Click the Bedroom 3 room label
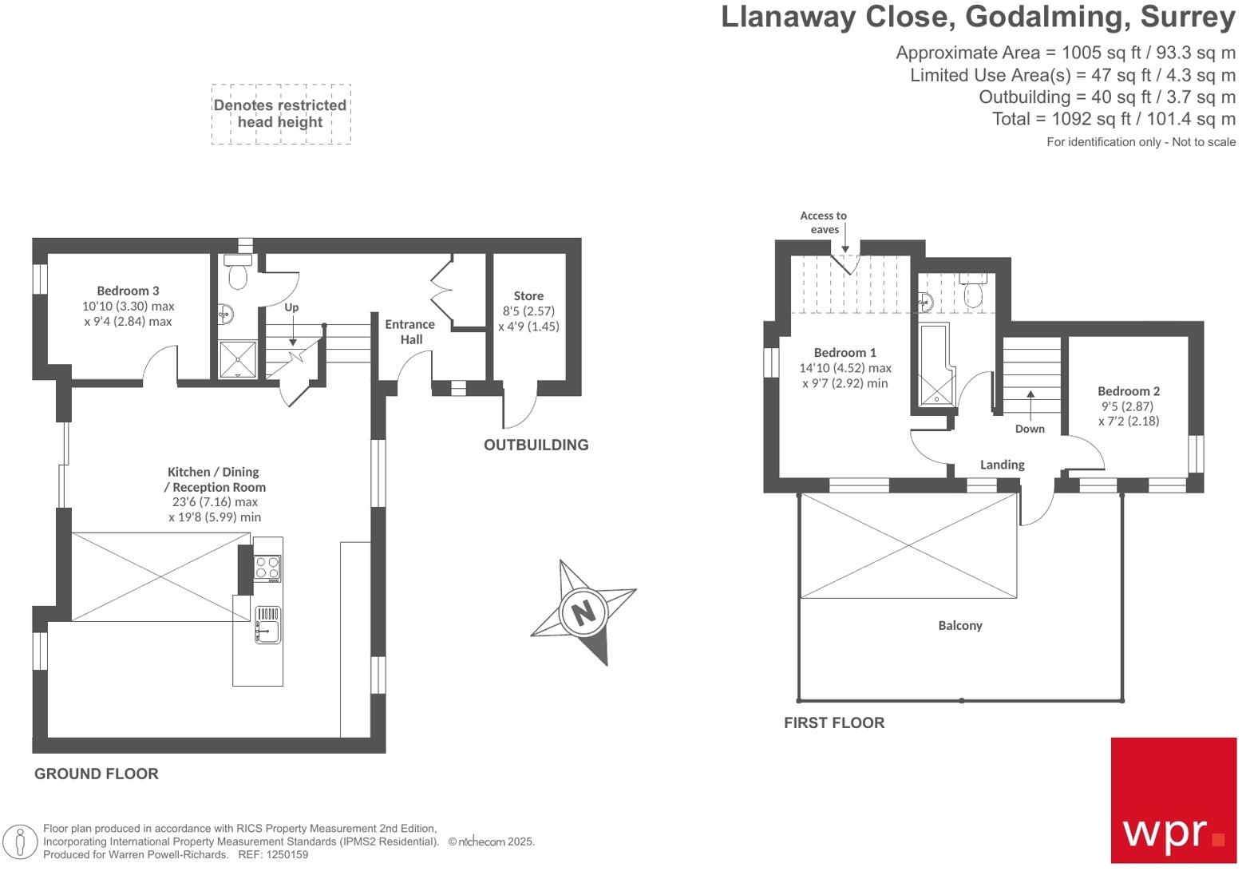click(x=128, y=291)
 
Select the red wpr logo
click(x=1173, y=799)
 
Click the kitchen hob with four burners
click(x=267, y=568)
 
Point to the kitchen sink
click(x=267, y=624)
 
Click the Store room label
click(x=528, y=296)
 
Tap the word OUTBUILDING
click(x=536, y=445)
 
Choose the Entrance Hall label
click(x=409, y=331)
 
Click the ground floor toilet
click(x=237, y=273)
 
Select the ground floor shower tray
click(x=238, y=359)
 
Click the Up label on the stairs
click(x=291, y=307)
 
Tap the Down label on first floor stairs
click(x=1030, y=429)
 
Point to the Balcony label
click(x=959, y=625)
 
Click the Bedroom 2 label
click(x=1128, y=391)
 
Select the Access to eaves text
click(x=823, y=222)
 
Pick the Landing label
click(x=1002, y=465)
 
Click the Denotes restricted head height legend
click(x=280, y=113)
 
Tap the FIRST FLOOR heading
click(x=833, y=723)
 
